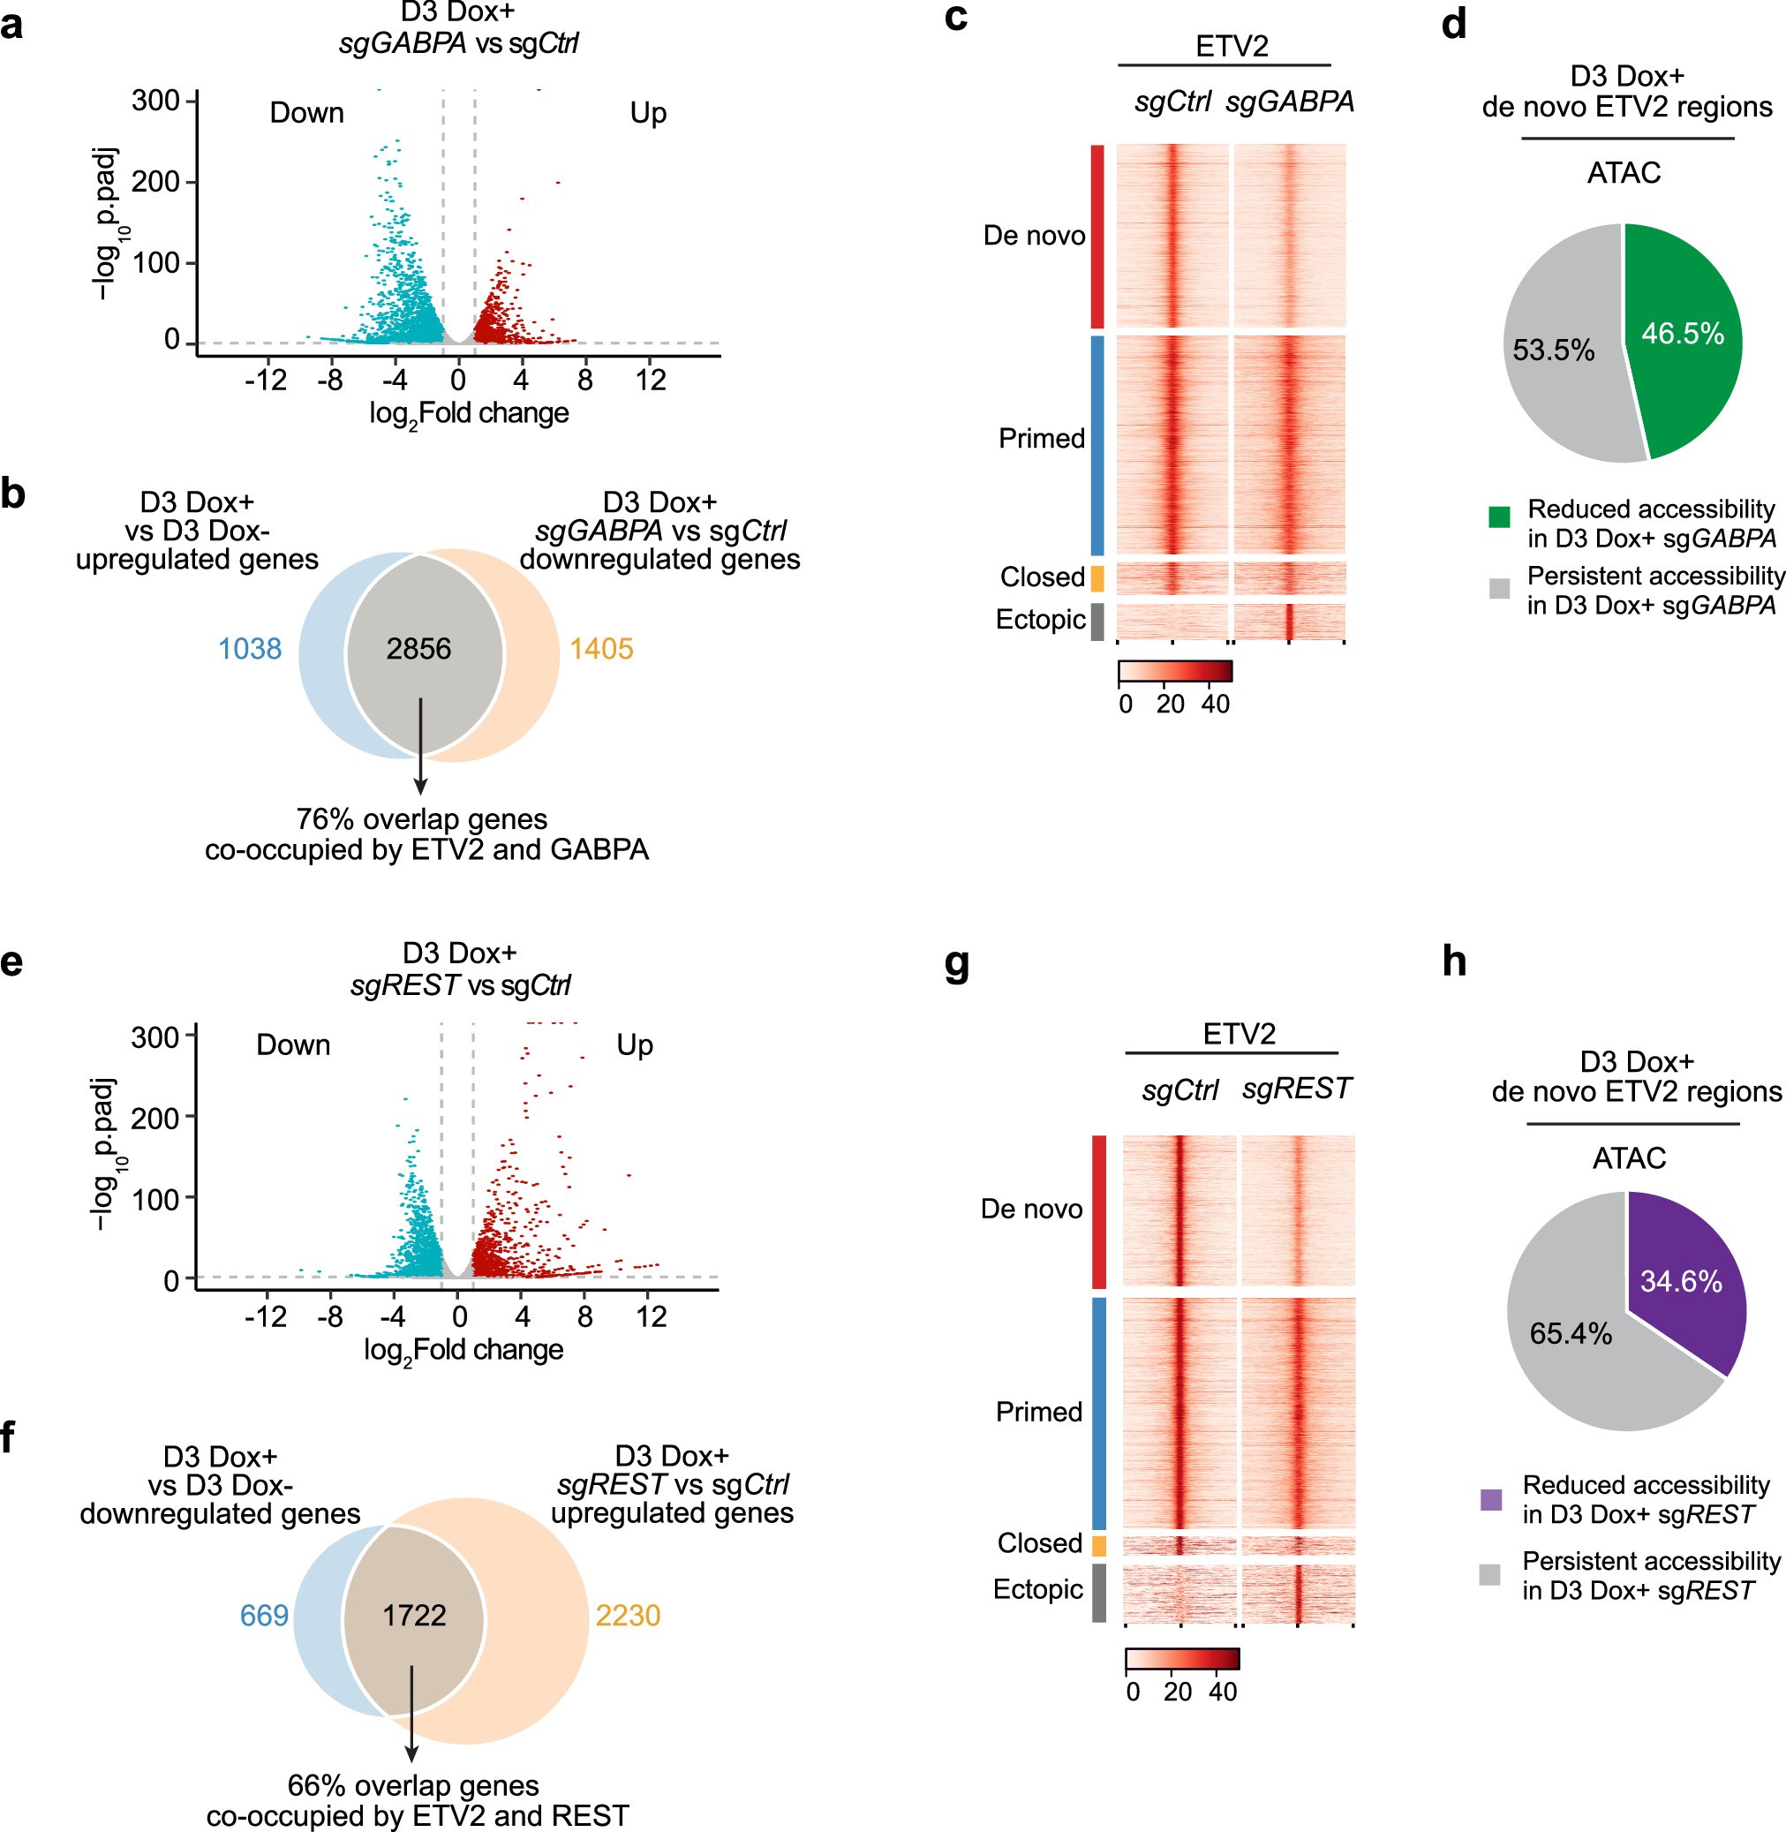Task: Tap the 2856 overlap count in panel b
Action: coord(418,649)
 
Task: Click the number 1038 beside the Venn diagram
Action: coord(250,649)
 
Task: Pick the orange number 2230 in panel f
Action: coord(628,1616)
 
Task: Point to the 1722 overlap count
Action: coord(414,1616)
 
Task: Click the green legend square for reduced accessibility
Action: coord(1499,516)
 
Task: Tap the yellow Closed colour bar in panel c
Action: coord(1097,577)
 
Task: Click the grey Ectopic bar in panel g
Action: coord(1098,1593)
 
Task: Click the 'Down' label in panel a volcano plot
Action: coord(306,114)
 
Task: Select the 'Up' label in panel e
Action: coord(634,1045)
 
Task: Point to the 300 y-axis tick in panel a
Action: coord(155,101)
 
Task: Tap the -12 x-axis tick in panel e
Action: coord(266,1317)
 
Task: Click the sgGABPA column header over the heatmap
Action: coord(1290,102)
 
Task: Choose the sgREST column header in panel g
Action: coord(1296,1089)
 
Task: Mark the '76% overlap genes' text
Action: coord(421,820)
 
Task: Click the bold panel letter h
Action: coord(1454,963)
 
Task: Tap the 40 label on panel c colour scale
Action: coord(1215,705)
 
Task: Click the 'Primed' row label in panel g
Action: coord(1038,1412)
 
